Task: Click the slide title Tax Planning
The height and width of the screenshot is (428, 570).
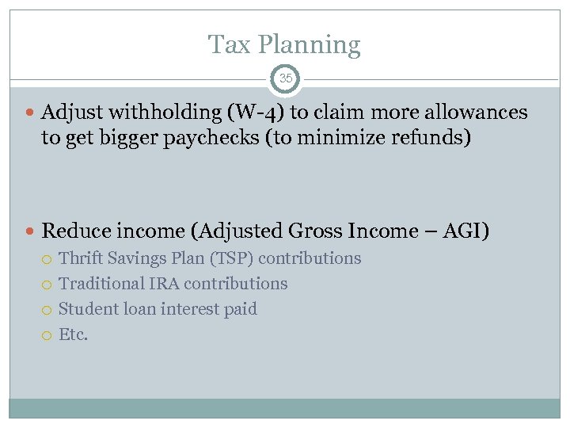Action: pyautogui.click(x=284, y=44)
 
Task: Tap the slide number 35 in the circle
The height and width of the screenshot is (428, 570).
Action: pyautogui.click(x=286, y=79)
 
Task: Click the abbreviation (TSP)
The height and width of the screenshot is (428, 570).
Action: pyautogui.click(x=230, y=258)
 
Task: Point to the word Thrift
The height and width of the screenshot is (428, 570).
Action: pyautogui.click(x=82, y=258)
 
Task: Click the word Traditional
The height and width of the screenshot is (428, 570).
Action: pyautogui.click(x=101, y=284)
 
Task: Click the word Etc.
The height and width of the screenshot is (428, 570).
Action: pyautogui.click(x=74, y=334)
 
